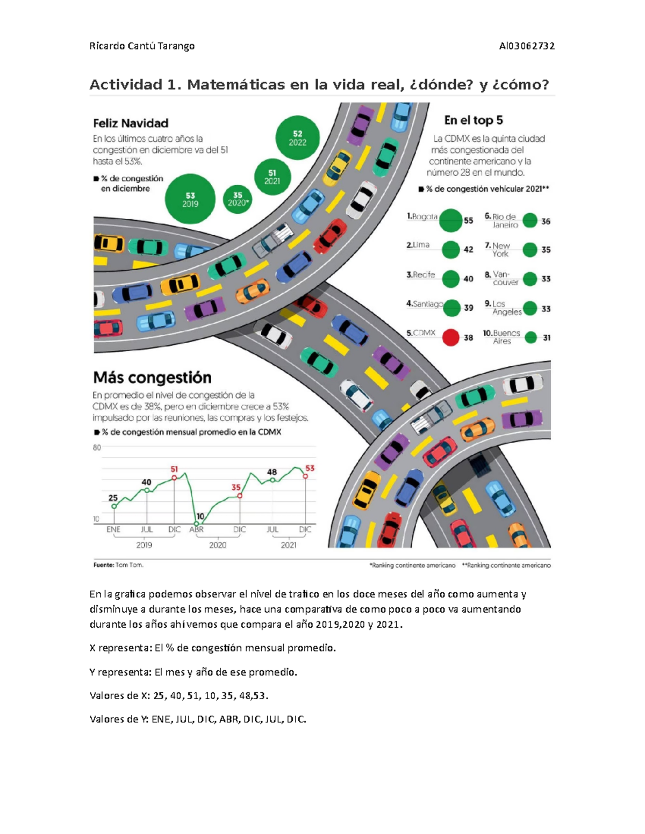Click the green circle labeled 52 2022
click(x=297, y=137)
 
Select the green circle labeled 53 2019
click(x=190, y=199)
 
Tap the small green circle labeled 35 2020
click(x=238, y=199)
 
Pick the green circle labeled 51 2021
click(x=272, y=177)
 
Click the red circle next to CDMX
click(x=450, y=337)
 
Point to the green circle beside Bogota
click(x=450, y=220)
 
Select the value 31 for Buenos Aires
click(x=547, y=338)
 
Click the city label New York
click(x=501, y=250)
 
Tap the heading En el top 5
click(x=473, y=120)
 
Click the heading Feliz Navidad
click(x=131, y=123)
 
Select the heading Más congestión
click(x=152, y=378)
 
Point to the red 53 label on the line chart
click(x=310, y=468)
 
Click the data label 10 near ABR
click(x=200, y=516)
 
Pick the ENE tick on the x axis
click(x=113, y=530)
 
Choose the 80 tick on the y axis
click(x=97, y=447)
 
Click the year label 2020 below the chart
click(x=218, y=545)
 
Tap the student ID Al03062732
click(x=527, y=46)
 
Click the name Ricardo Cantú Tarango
click(x=142, y=46)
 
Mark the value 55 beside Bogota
click(x=469, y=221)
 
